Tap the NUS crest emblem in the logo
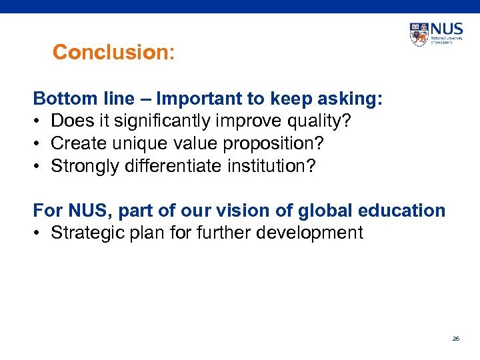click(x=419, y=34)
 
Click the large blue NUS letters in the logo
click(x=446, y=30)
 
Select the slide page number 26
click(x=456, y=339)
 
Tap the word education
click(x=403, y=211)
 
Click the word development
click(x=311, y=233)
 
